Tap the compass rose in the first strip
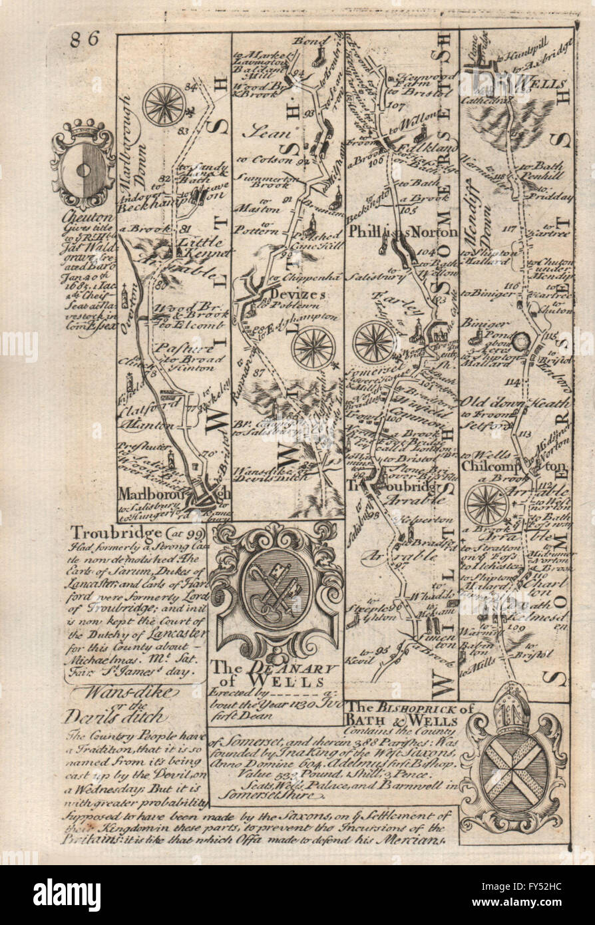(x=164, y=104)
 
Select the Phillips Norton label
(x=403, y=232)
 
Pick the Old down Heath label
(x=516, y=403)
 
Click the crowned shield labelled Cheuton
(x=83, y=163)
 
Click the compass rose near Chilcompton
(x=487, y=504)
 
